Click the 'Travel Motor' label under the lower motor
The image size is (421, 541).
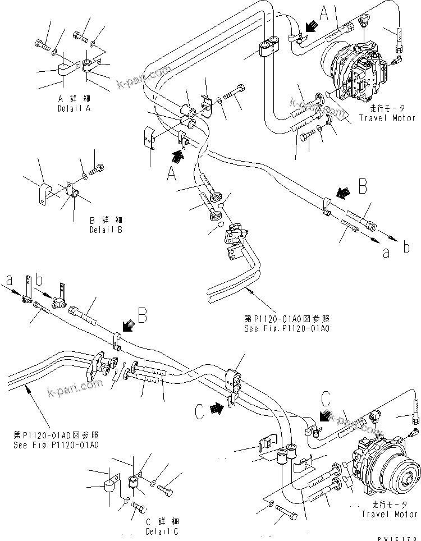[390, 514]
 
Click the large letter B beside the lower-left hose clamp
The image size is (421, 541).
[143, 317]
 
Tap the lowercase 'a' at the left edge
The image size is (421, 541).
[9, 279]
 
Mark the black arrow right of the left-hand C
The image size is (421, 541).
[217, 409]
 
